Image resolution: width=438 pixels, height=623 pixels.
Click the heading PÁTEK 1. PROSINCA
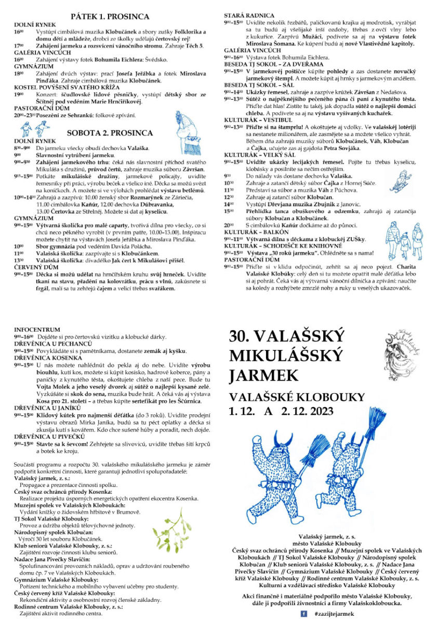(x=110, y=17)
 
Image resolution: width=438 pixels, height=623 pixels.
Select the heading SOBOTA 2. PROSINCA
(x=110, y=132)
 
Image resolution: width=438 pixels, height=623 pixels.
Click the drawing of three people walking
(x=401, y=238)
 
